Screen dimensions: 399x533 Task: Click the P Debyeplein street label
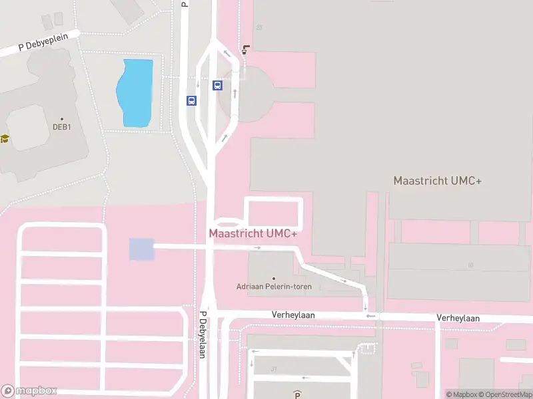(x=40, y=45)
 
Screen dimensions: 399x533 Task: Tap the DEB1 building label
(x=62, y=128)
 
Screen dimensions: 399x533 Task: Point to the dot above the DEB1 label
(x=62, y=119)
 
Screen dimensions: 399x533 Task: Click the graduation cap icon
(x=5, y=139)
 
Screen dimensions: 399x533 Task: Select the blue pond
(x=135, y=93)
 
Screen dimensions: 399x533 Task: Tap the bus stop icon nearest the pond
(x=191, y=100)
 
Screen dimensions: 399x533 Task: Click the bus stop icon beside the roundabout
(x=217, y=85)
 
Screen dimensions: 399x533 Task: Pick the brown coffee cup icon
(x=247, y=49)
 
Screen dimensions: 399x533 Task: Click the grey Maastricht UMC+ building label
(x=437, y=181)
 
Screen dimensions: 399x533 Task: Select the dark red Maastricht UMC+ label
(x=253, y=233)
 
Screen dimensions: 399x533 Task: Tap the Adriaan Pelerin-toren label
(x=274, y=287)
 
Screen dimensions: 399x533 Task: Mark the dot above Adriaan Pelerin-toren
(x=274, y=278)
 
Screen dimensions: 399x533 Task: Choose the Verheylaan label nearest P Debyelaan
(x=292, y=315)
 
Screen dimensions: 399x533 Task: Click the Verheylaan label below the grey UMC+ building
(x=458, y=318)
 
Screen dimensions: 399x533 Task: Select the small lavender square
(x=141, y=249)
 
